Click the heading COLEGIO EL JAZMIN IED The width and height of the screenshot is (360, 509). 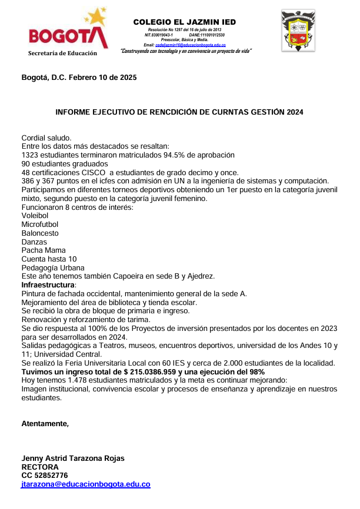point(185,22)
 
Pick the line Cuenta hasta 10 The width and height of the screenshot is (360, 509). point(49,259)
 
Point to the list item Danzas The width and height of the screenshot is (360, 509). point(34,242)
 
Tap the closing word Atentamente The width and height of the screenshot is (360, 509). point(45,423)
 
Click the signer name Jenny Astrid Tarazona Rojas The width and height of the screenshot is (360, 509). point(73,458)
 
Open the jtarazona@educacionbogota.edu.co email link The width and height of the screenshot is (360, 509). point(86,484)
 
